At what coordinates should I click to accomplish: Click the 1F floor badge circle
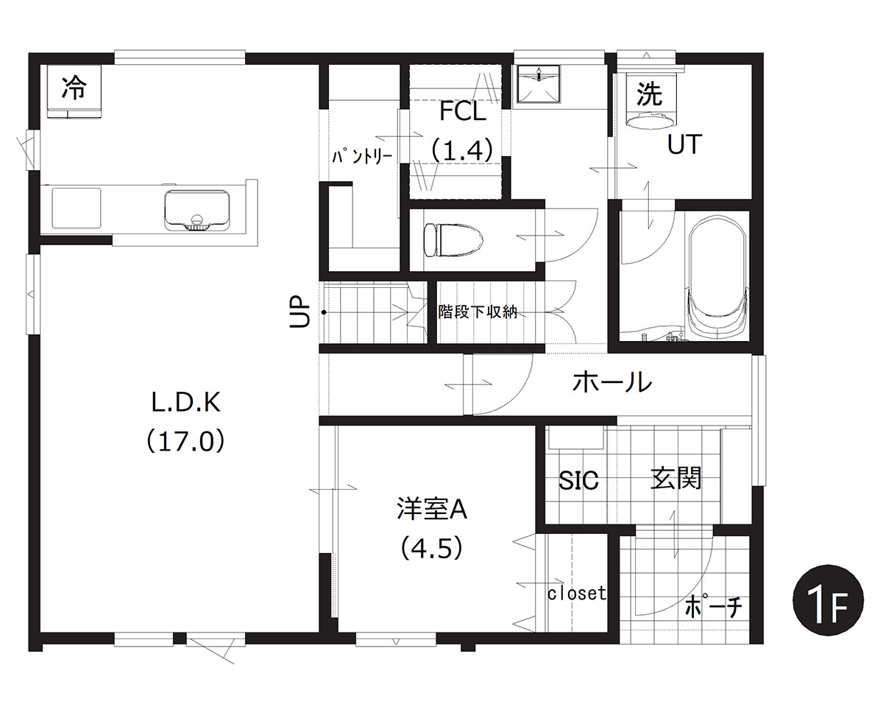829,599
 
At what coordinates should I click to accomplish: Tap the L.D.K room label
185,402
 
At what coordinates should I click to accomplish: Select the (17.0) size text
185,441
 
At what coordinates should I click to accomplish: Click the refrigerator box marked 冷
74,91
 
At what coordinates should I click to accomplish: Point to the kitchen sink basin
196,209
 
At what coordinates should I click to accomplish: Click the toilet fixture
453,240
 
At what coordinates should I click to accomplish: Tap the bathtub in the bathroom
718,278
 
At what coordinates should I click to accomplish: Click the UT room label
684,144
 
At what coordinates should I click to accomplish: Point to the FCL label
463,111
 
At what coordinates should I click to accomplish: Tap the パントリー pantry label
362,157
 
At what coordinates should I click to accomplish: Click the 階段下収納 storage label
478,312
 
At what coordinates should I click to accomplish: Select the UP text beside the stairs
299,312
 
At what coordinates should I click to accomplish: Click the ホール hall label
612,382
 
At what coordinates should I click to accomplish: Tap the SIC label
578,480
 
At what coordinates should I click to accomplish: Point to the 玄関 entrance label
675,478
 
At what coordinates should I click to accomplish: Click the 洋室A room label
432,509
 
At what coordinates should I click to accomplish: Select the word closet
577,593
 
